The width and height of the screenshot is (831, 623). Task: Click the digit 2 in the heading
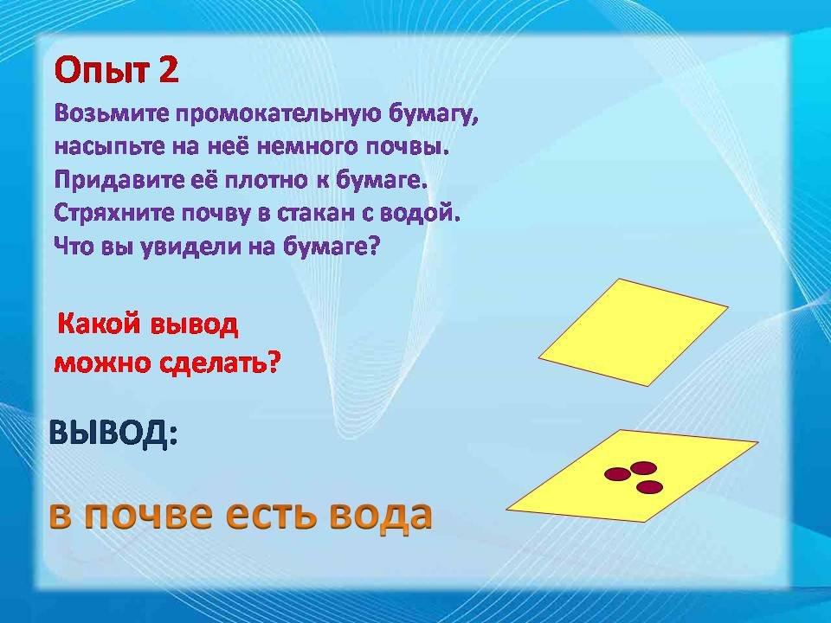[x=167, y=70]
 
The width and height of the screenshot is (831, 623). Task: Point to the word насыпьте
[x=110, y=147]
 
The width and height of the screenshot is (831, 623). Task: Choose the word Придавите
[x=119, y=181]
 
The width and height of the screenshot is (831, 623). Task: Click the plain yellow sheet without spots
[x=634, y=332]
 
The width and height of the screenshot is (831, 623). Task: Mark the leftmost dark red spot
[x=617, y=473]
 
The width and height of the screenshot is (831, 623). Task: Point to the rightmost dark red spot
[x=650, y=487]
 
